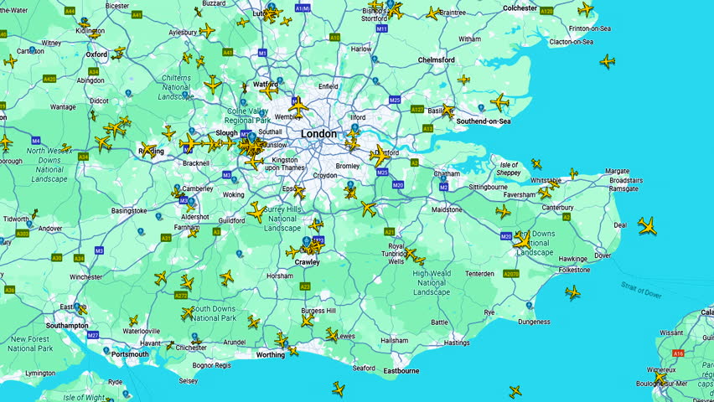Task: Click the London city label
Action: coord(318,134)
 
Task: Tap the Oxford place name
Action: coord(96,54)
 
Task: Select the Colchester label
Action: coord(520,8)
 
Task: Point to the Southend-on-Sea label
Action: coord(483,121)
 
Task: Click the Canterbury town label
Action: coord(557,207)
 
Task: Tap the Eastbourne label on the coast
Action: coord(401,370)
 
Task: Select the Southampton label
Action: coord(67,325)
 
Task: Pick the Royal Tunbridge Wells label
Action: coord(396,254)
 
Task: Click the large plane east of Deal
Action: coord(647,225)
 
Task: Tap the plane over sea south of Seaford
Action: coord(339,389)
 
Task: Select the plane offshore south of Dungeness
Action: coord(515,391)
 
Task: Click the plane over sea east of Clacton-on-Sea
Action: coord(608,61)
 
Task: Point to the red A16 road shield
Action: coord(678,354)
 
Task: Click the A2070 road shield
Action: coord(510,274)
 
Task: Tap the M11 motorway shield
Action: coord(382,28)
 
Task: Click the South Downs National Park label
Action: coord(213,313)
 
